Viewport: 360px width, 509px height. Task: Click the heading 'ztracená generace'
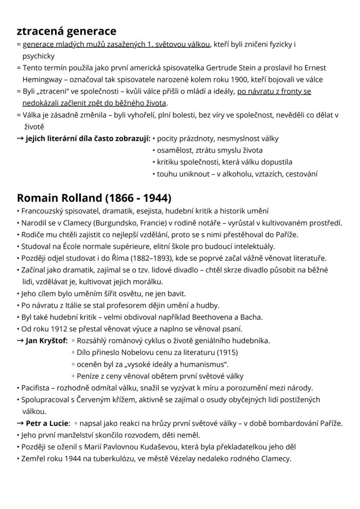pos(67,31)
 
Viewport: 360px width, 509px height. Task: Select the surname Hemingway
pos(43,80)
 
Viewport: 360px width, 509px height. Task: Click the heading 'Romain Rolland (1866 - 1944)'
pos(94,198)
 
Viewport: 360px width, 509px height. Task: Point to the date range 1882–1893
pos(156,258)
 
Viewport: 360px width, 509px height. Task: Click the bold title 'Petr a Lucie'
pos(47,423)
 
